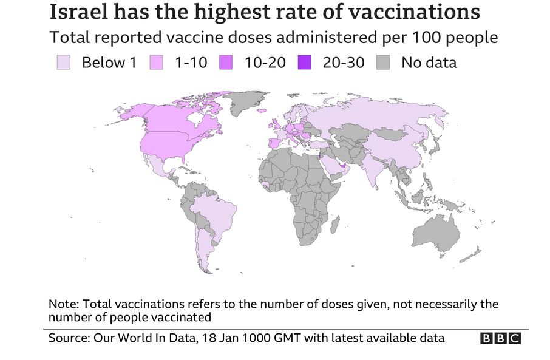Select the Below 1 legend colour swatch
point(63,63)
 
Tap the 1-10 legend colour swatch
point(157,63)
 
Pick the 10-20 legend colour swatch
point(228,63)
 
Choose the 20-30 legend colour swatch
point(305,63)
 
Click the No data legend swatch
point(384,63)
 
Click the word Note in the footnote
point(62,304)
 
